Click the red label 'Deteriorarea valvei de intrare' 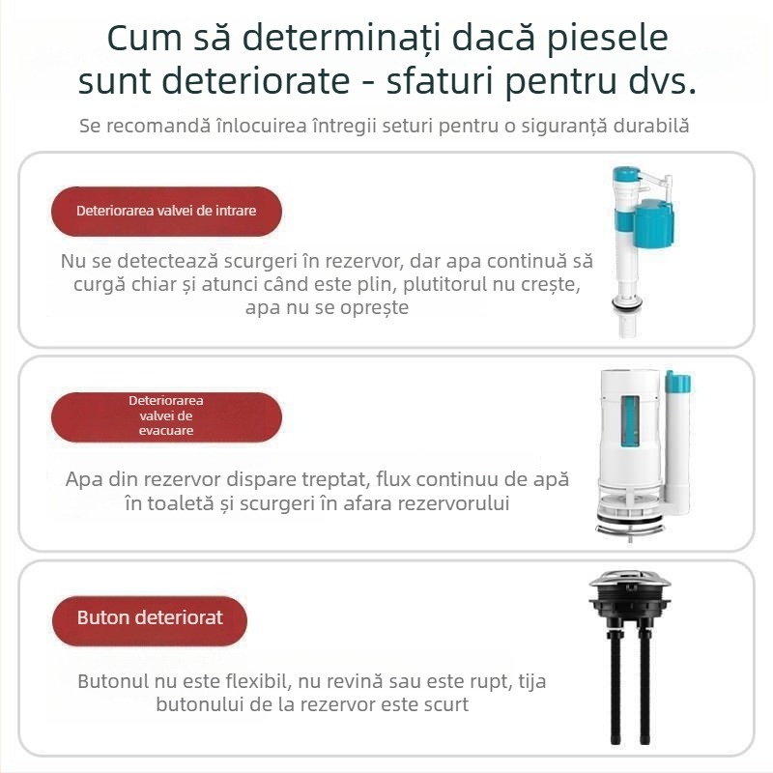click(x=166, y=210)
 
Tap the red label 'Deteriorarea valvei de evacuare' click(x=166, y=416)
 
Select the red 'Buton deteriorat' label click(x=150, y=617)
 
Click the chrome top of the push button click(x=629, y=583)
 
